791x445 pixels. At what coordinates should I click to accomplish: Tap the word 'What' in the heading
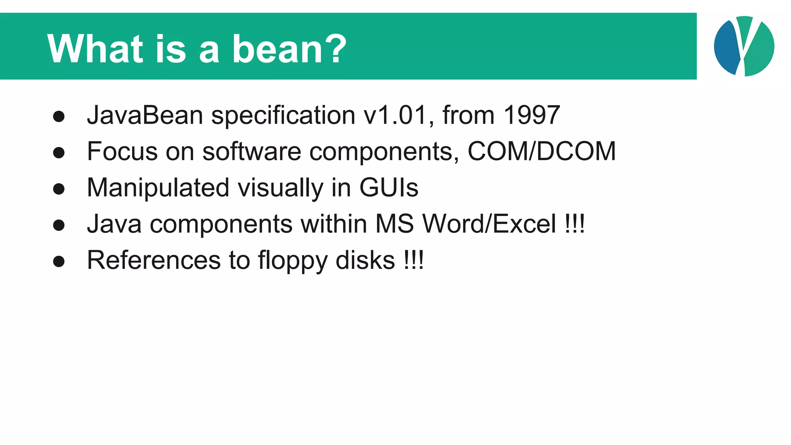(x=95, y=49)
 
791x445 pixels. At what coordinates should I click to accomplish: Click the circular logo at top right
(x=744, y=46)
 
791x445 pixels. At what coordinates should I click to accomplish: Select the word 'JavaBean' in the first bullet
(x=145, y=115)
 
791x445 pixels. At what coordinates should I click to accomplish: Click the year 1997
(x=532, y=115)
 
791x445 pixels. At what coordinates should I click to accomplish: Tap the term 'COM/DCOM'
(x=541, y=151)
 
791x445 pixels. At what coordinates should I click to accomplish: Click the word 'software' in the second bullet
(x=251, y=151)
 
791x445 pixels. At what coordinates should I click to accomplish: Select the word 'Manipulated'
(x=158, y=188)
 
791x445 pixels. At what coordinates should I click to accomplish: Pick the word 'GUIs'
(x=389, y=188)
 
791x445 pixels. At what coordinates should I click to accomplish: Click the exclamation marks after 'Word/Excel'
(x=574, y=224)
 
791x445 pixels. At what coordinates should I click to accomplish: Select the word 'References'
(x=154, y=260)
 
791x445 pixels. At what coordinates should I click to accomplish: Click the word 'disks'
(x=365, y=260)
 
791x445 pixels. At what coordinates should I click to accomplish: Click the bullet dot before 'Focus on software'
(x=59, y=153)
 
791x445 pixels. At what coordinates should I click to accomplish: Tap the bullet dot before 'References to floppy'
(x=59, y=262)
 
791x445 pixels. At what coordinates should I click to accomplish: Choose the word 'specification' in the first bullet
(x=283, y=116)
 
